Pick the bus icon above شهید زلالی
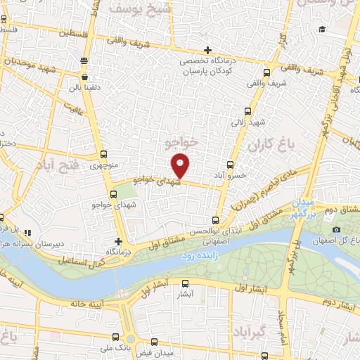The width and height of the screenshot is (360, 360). coord(247,110)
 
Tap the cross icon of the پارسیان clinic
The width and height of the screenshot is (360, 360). coord(207,50)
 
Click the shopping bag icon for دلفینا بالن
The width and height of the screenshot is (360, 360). coord(84,77)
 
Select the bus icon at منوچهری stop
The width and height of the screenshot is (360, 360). coord(104,155)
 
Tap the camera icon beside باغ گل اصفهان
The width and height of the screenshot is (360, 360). coord(335,230)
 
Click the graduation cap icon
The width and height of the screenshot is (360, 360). coord(322,29)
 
